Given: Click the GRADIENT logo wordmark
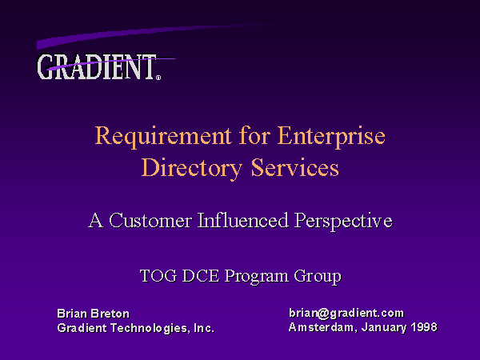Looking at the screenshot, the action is pos(97,66).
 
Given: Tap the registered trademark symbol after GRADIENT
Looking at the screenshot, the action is pos(158,78).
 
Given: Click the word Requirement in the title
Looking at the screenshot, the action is pos(163,137).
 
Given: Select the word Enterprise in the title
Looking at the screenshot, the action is pos(331,137).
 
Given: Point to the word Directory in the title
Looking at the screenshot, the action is pos(192,169).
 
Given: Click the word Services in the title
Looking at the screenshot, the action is pos(295,167).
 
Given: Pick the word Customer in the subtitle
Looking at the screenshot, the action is pos(150,221).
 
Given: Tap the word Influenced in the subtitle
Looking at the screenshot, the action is pos(243,220).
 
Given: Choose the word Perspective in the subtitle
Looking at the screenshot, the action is pos(343,222).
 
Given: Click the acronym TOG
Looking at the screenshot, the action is pos(158,276).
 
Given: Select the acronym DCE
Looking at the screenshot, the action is pos(201,276).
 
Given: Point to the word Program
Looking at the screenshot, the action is pos(257,277).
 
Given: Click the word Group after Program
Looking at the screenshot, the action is pos(318,277).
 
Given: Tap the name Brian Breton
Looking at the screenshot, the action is pos(94,314).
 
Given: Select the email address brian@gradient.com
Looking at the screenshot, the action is pos(346,314).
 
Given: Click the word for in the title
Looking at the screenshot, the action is pos(254,135).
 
